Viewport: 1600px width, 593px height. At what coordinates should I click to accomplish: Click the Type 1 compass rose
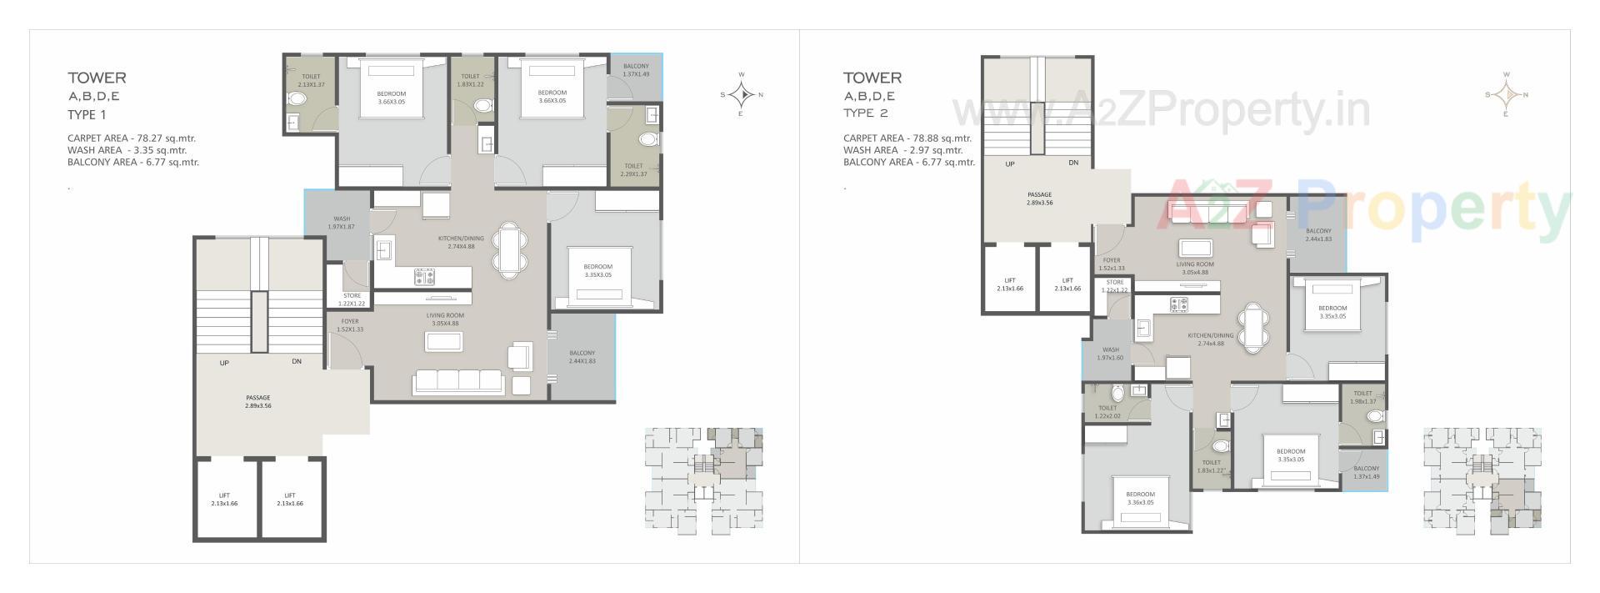(x=742, y=93)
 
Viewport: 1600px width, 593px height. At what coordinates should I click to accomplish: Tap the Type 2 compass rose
(x=1506, y=93)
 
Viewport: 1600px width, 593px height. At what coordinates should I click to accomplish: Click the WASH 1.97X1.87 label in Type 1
(x=342, y=223)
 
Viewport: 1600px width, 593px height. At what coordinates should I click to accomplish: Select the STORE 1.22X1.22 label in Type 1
(x=352, y=299)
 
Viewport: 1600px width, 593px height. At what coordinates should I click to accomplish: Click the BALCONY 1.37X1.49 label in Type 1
(x=636, y=70)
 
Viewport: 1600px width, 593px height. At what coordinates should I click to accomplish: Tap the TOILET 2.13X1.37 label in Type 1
(x=310, y=80)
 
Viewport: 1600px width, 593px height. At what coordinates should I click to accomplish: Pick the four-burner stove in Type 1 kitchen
(x=424, y=277)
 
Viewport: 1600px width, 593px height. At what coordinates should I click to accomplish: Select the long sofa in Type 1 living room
(x=458, y=382)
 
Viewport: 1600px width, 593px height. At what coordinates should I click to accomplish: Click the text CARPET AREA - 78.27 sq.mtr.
(x=132, y=138)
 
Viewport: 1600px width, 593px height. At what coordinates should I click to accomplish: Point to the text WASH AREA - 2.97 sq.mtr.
(x=902, y=150)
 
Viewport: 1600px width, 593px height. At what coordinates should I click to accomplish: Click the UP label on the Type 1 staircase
(x=224, y=363)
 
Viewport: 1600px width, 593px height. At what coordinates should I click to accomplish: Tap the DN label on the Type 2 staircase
(x=1073, y=163)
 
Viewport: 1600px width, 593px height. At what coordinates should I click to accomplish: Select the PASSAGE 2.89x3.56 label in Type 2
(x=1039, y=198)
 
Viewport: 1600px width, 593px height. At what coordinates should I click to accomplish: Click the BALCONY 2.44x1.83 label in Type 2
(x=1318, y=234)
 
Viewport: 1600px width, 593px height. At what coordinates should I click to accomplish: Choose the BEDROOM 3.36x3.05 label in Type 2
(x=1141, y=498)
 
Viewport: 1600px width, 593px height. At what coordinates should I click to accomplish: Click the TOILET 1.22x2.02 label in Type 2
(x=1107, y=411)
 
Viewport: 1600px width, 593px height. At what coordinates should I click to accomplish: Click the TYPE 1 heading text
(x=87, y=115)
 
